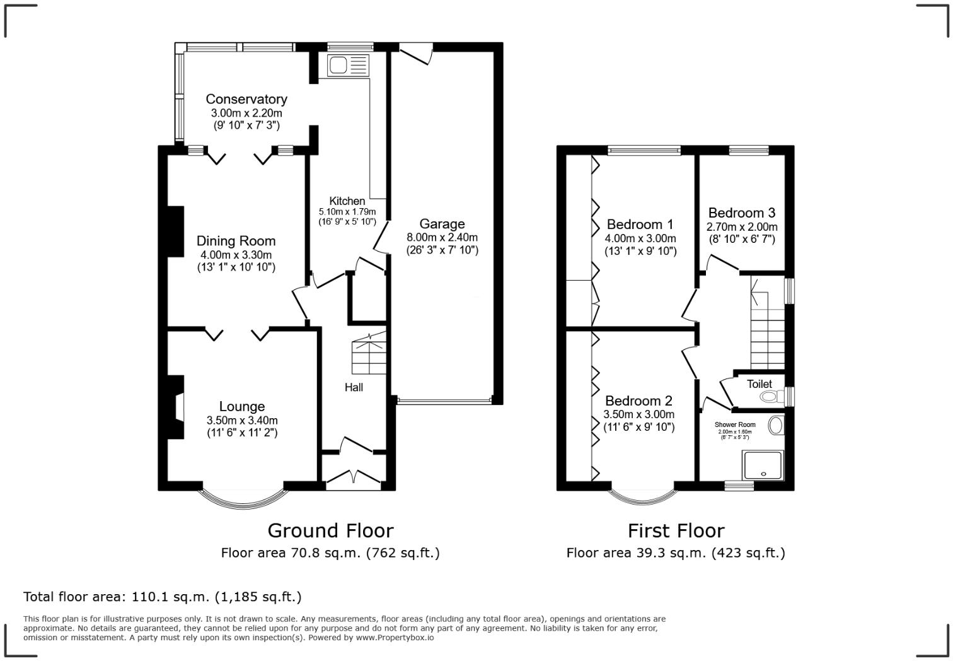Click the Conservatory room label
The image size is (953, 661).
[x=246, y=99]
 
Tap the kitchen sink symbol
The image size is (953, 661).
[x=347, y=65]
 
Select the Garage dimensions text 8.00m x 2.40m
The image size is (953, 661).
[x=442, y=237]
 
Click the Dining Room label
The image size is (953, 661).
[x=236, y=241]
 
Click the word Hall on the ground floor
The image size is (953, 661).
[x=354, y=387]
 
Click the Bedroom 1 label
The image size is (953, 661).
[x=640, y=225]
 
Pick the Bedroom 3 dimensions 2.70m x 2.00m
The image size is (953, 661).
[x=742, y=227]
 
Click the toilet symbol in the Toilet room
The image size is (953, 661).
[x=770, y=397]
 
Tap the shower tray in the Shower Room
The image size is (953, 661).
[x=763, y=465]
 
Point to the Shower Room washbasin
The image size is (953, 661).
[x=775, y=424]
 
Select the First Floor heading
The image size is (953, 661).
[x=676, y=530]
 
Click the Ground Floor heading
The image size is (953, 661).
[x=330, y=530]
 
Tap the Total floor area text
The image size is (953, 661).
[x=163, y=597]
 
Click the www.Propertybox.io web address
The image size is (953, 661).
[x=395, y=638]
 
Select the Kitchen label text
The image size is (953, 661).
[x=347, y=201]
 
